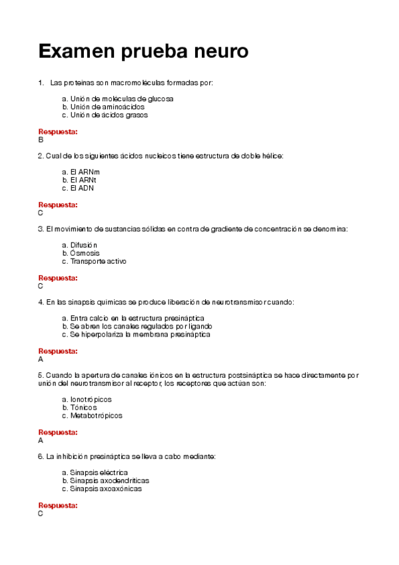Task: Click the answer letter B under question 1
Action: tap(41, 140)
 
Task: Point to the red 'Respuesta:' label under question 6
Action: tap(58, 506)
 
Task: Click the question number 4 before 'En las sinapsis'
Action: tap(41, 302)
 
